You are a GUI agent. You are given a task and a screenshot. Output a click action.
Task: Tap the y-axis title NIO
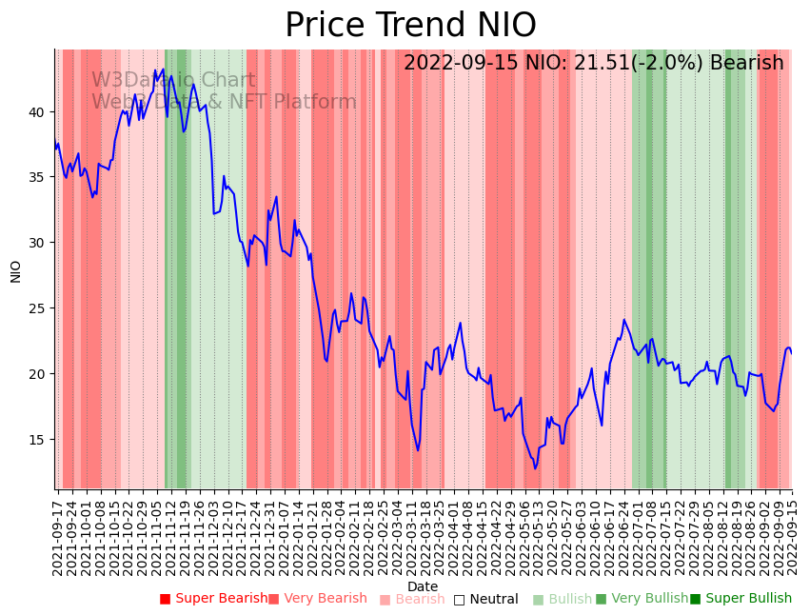click(15, 270)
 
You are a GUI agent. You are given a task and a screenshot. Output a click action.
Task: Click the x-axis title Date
click(423, 587)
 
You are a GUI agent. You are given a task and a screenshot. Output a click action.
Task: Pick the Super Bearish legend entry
click(213, 599)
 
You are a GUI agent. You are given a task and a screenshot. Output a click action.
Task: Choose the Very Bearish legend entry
click(317, 599)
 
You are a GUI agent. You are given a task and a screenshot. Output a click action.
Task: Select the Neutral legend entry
click(485, 599)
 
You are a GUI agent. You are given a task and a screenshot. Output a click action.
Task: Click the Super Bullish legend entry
click(741, 599)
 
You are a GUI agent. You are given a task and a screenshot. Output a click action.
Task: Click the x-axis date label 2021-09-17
click(58, 534)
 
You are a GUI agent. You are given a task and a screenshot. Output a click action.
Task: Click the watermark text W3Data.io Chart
click(173, 81)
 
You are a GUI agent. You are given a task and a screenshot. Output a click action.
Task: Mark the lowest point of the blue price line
click(535, 468)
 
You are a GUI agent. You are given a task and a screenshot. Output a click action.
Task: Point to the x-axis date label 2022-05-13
click(536, 534)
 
